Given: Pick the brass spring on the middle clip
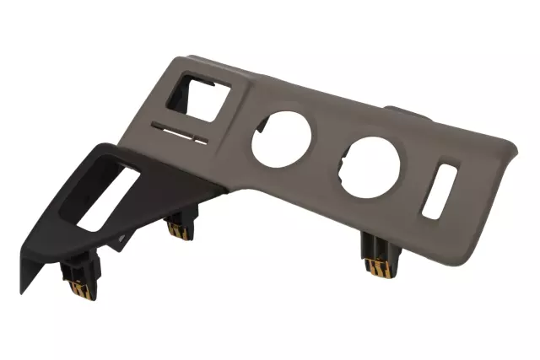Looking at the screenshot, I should (178, 232).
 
